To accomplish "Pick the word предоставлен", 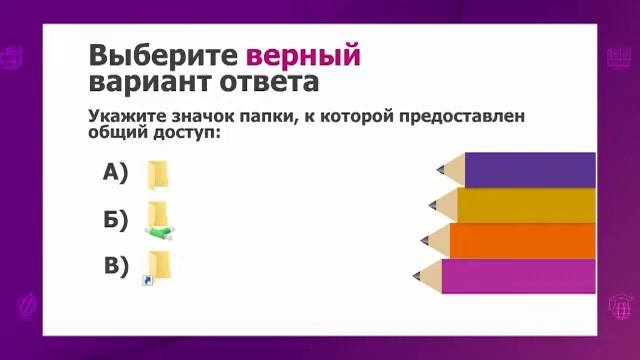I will click(x=460, y=117).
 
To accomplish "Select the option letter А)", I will click(x=116, y=173).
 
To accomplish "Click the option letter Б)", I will click(x=116, y=220).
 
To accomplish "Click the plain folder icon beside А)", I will click(x=159, y=174).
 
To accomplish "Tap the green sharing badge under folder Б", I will click(x=160, y=232).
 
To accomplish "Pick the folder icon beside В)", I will click(x=159, y=265).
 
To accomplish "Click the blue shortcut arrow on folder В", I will click(x=147, y=281).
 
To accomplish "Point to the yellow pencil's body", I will click(x=526, y=205).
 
